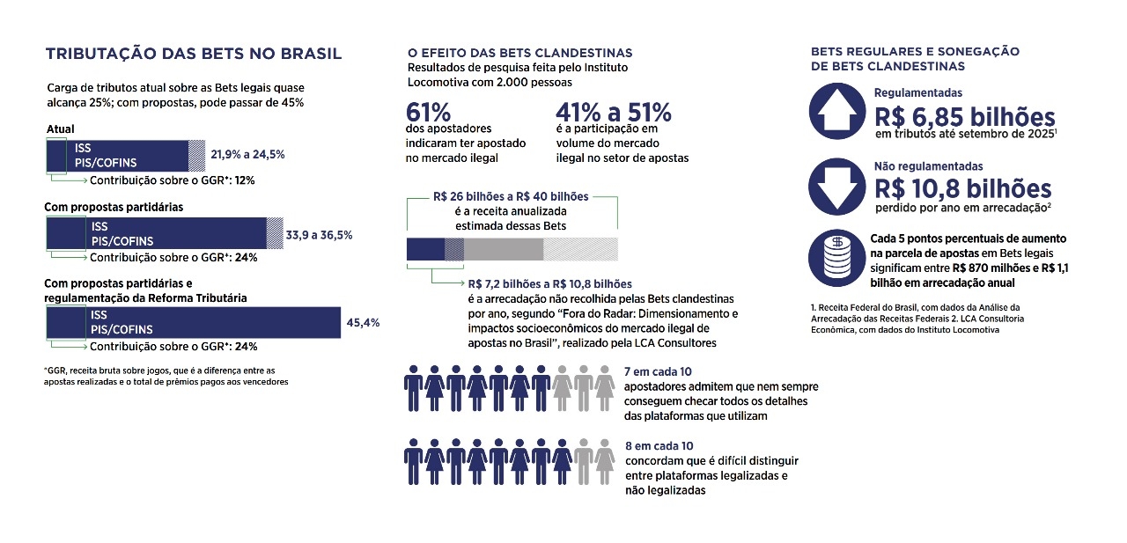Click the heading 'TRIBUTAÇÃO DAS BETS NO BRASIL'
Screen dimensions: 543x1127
tap(194, 55)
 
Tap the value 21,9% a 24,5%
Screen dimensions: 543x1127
tap(247, 154)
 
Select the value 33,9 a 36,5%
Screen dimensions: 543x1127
tap(320, 235)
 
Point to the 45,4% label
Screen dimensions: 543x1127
tap(363, 323)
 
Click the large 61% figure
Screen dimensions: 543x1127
tap(429, 113)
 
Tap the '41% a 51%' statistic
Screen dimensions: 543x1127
tap(614, 113)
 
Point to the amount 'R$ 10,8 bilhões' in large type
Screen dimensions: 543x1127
tap(962, 188)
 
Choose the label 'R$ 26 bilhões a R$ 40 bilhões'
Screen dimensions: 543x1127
tap(512, 196)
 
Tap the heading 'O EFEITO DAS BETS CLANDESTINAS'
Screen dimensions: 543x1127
tap(519, 54)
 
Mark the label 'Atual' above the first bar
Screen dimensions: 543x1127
tap(60, 129)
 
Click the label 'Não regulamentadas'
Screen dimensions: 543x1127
tap(928, 165)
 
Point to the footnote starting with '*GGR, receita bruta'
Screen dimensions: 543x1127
tap(165, 376)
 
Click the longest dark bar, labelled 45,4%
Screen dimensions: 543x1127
tap(194, 322)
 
